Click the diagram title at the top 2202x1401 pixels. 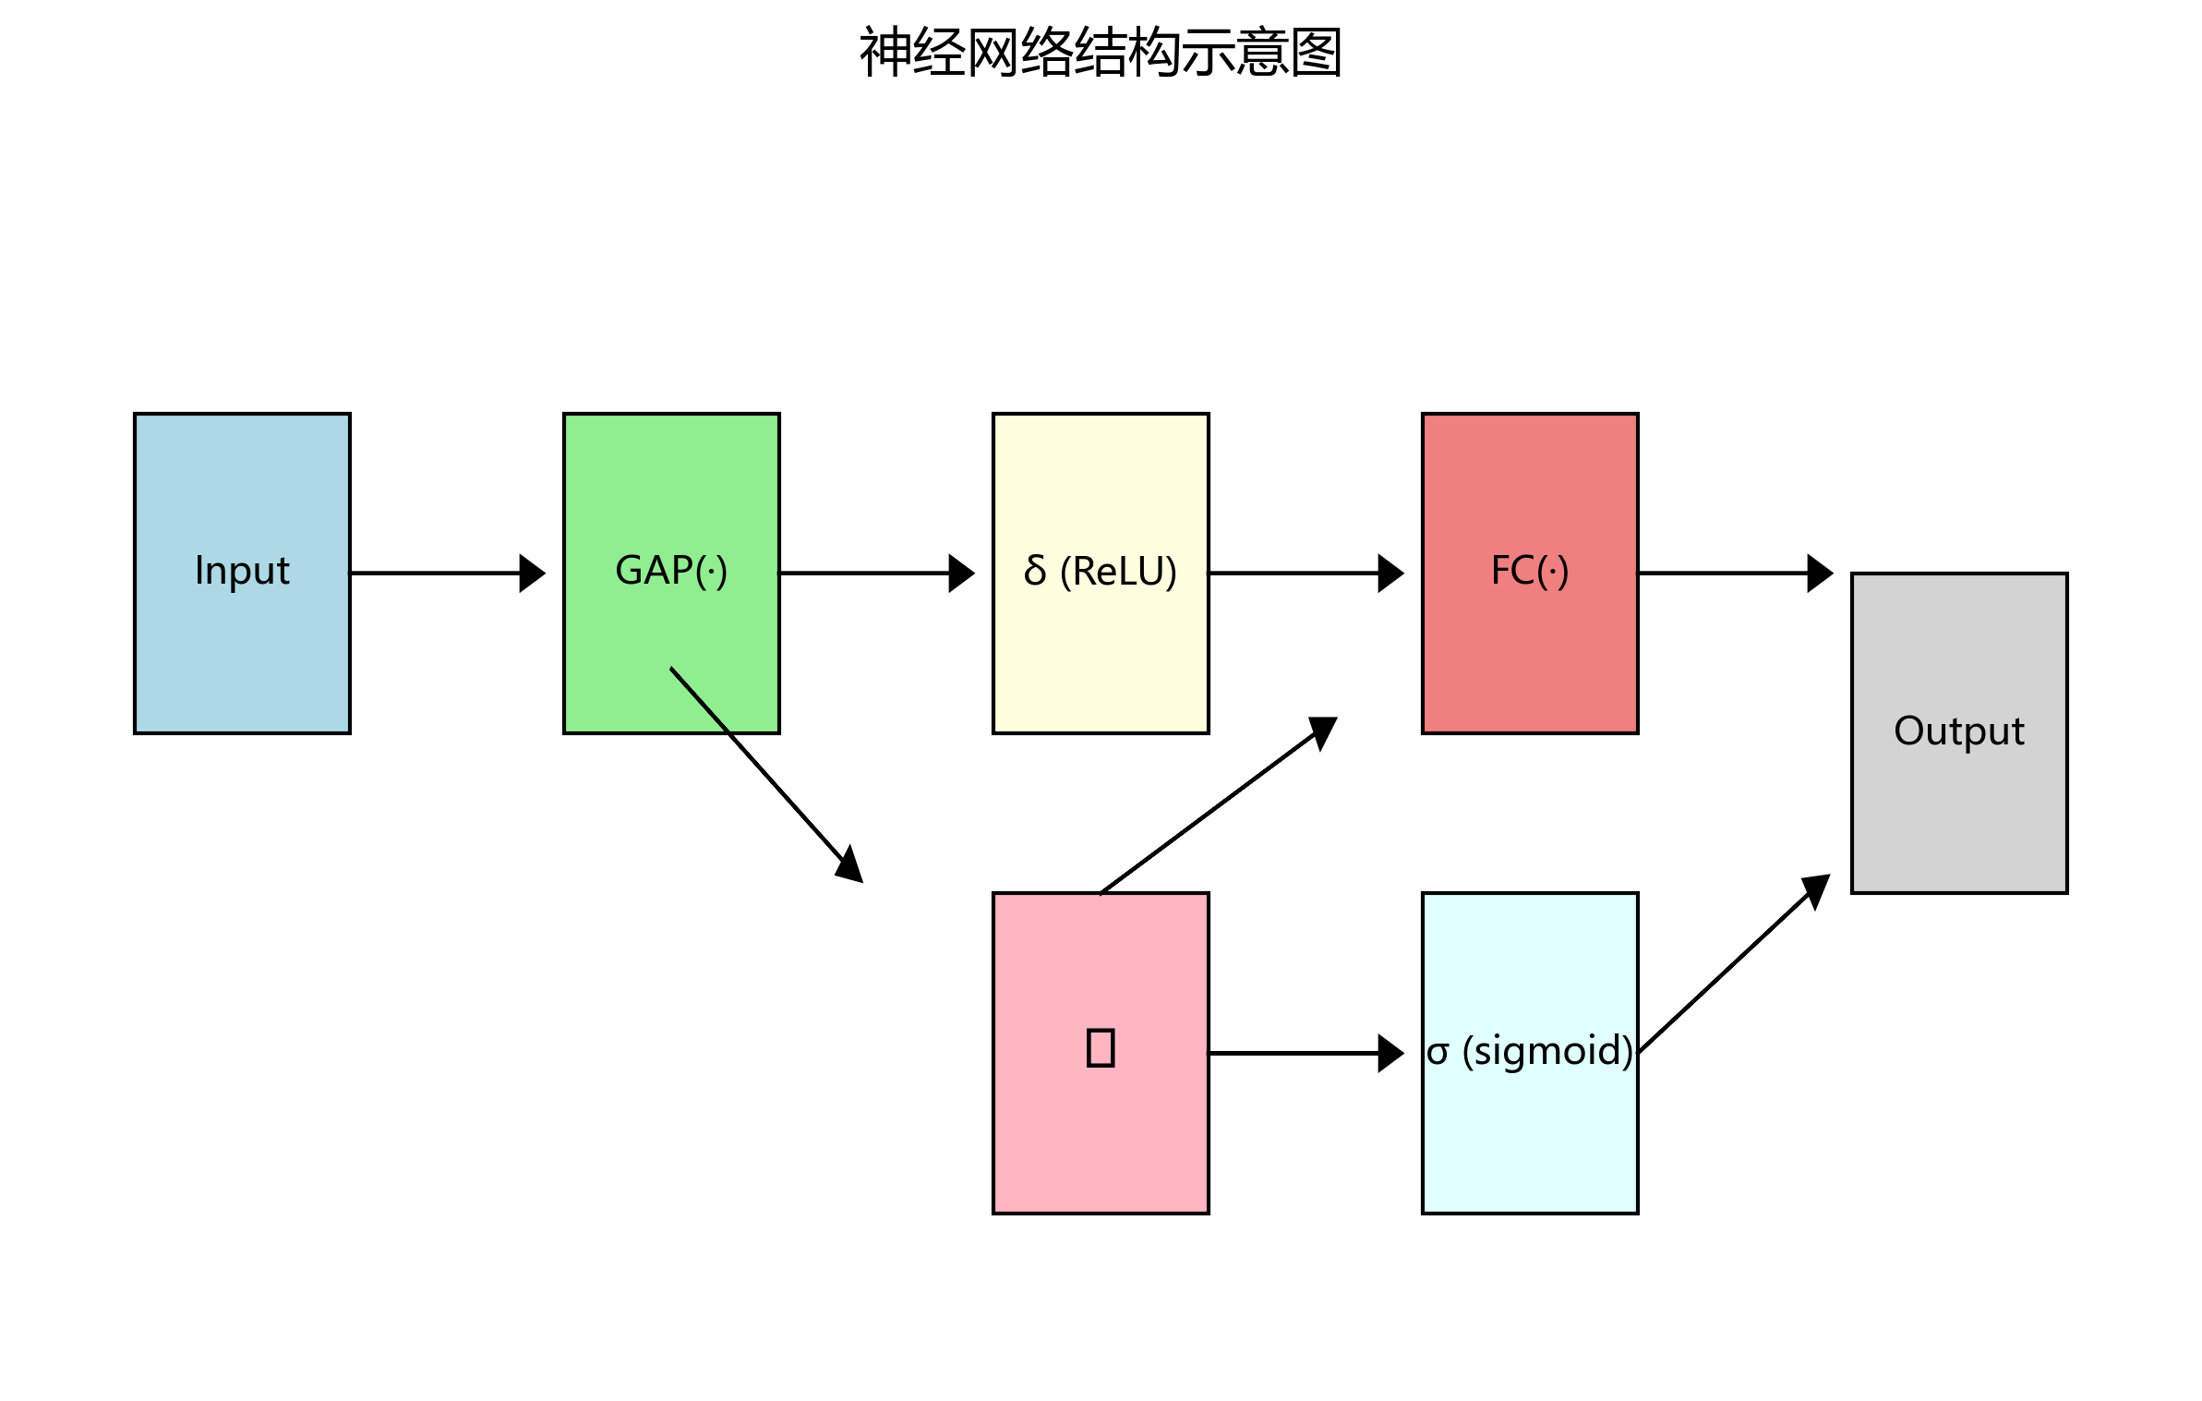click(x=1100, y=53)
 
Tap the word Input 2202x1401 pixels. click(x=242, y=571)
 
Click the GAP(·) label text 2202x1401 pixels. click(x=671, y=571)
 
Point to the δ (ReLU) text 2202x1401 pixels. click(x=1101, y=571)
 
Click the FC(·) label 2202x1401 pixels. click(x=1530, y=571)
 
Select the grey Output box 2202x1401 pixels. click(x=1959, y=813)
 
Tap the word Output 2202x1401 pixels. click(x=1959, y=731)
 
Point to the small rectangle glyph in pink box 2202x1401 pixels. click(x=1101, y=1048)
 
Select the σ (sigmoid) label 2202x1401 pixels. click(x=1530, y=1051)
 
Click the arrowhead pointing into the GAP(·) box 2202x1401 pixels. click(x=533, y=574)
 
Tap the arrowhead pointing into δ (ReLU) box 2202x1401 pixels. click(x=962, y=574)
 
